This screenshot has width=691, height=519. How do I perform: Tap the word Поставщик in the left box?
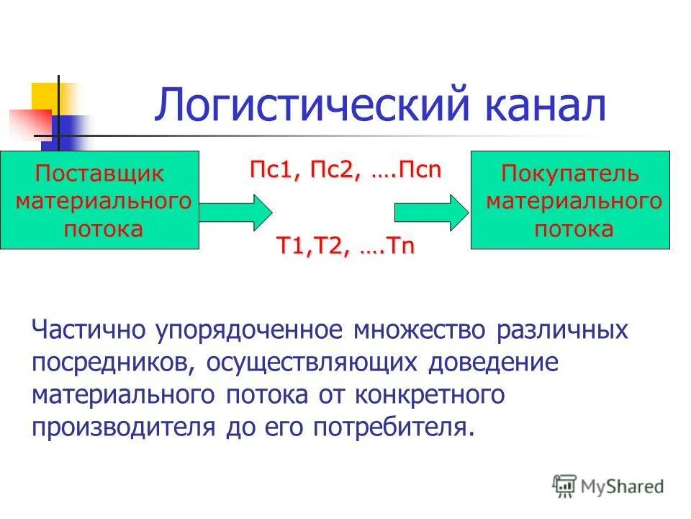point(100,174)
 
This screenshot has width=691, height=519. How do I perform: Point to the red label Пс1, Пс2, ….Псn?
point(345,172)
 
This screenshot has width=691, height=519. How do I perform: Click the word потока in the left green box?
point(103,229)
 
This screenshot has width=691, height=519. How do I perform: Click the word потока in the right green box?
point(573,229)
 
